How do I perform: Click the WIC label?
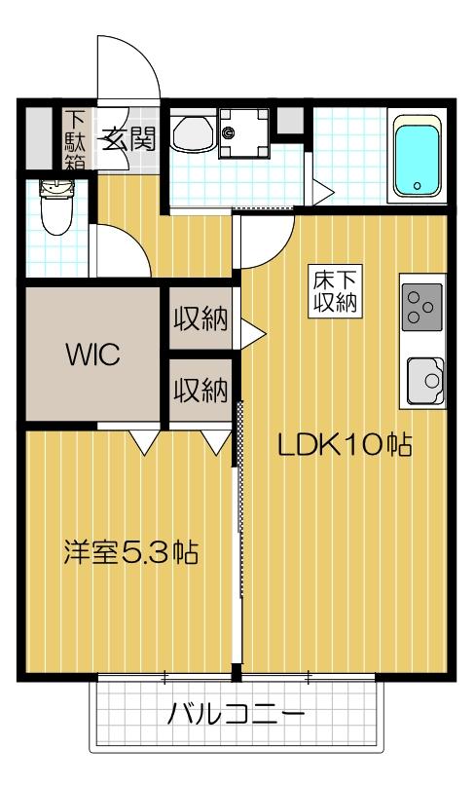tap(93, 355)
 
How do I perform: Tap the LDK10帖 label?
tap(345, 445)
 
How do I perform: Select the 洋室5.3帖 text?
tap(130, 553)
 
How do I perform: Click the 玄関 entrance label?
tap(128, 139)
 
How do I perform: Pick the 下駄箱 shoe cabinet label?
tap(75, 139)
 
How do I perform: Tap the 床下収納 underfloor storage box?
tap(333, 289)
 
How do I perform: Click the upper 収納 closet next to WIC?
tap(201, 320)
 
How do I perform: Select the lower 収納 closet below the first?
tap(201, 391)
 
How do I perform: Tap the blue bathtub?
tap(418, 159)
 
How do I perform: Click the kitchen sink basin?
tap(424, 379)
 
